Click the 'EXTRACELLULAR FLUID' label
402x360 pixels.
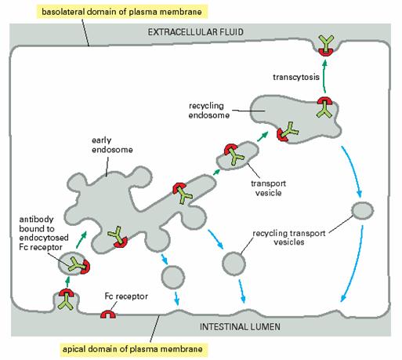point(196,32)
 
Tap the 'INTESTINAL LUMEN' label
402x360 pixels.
point(240,326)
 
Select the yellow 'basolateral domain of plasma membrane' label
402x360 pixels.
point(121,12)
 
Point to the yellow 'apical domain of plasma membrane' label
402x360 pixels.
point(132,349)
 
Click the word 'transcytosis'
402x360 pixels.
point(296,77)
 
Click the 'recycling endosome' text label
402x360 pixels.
point(209,111)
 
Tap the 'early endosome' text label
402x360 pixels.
point(112,145)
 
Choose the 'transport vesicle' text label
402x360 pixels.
point(268,188)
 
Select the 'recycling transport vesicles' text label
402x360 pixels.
point(289,238)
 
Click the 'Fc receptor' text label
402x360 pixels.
point(126,296)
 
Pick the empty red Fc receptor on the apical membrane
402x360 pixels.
point(108,314)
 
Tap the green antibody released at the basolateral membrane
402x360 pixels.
point(326,42)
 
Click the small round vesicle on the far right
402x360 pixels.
point(362,210)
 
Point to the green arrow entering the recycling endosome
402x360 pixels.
point(263,136)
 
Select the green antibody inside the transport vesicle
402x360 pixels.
point(235,157)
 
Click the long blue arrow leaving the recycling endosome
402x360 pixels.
point(353,171)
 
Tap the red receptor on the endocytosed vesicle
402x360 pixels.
point(85,267)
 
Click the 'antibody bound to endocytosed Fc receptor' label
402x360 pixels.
point(44,233)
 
